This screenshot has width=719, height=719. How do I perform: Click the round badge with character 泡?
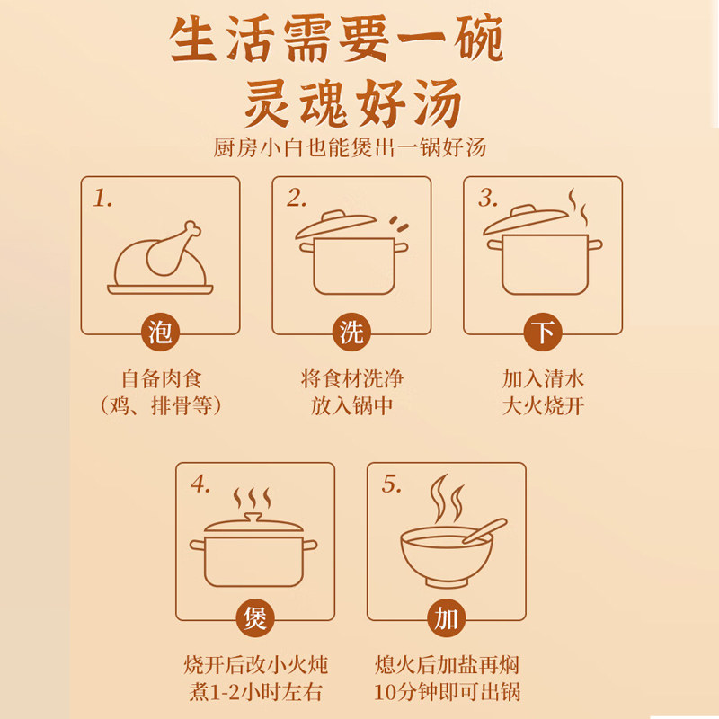pos(160,332)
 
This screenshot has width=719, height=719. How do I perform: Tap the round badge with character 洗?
pos(351,332)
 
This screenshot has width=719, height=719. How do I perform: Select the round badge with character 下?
pos(543,332)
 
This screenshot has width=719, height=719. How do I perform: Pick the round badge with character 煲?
pos(255,618)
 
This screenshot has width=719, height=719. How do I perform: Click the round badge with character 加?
pos(447,618)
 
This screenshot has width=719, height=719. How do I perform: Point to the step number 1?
pos(102,199)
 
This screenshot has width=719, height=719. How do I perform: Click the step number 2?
pos(297,199)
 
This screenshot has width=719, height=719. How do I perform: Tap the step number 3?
pos(488,199)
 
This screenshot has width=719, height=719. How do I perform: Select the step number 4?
pos(200,484)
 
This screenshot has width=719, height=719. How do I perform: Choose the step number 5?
pos(392,484)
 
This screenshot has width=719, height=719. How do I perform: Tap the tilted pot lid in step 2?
pos(335,223)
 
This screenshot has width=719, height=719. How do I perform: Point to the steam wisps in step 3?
pos(578,208)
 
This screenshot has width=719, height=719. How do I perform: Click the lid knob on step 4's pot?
pos(253,518)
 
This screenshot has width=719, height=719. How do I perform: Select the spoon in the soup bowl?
pos(484,530)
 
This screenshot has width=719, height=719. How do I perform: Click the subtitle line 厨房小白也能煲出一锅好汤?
pos(350,147)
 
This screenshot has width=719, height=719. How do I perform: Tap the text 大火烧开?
pos(543,406)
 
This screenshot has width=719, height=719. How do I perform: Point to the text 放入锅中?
pos(351,406)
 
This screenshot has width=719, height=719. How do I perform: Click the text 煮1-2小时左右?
pos(255,691)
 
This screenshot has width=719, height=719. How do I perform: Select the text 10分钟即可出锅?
pos(447,691)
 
